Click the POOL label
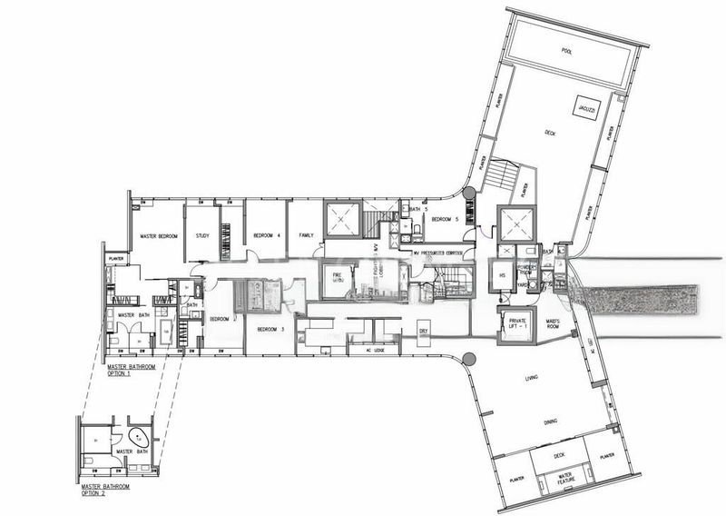[x=567, y=51]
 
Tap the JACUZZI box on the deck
[x=582, y=107]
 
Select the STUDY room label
[x=202, y=236]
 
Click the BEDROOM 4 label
[x=265, y=236]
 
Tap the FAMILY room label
[x=307, y=236]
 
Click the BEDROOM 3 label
[x=270, y=329]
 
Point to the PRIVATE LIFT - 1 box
[x=517, y=323]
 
